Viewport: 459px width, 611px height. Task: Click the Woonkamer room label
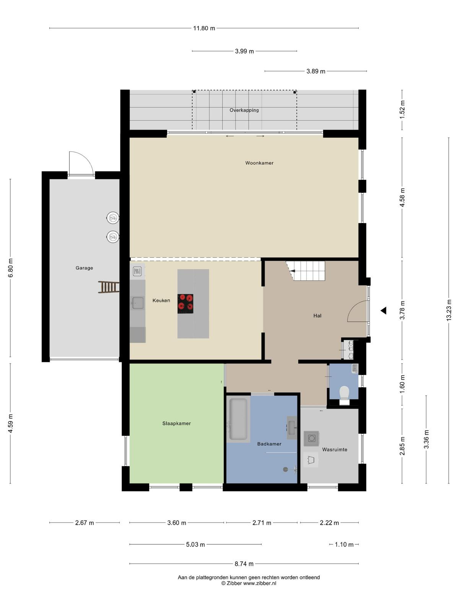[259, 163]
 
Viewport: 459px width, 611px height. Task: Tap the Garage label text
[84, 268]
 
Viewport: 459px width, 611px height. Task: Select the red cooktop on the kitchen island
[186, 304]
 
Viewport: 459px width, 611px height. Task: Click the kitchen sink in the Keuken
[138, 303]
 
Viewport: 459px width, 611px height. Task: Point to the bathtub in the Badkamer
[238, 419]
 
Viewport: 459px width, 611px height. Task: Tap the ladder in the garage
[108, 287]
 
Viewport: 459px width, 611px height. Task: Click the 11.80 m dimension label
[204, 28]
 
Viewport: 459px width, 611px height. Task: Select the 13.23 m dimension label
[449, 310]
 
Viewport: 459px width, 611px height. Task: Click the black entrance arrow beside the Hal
[384, 310]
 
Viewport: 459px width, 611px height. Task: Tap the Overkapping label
[244, 110]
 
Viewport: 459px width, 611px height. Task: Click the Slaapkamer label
[176, 423]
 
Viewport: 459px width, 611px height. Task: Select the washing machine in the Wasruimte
[311, 438]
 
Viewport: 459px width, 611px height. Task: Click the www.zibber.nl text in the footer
[260, 583]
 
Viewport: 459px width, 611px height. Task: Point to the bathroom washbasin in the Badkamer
[292, 428]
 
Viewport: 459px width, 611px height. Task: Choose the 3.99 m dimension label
[244, 51]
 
